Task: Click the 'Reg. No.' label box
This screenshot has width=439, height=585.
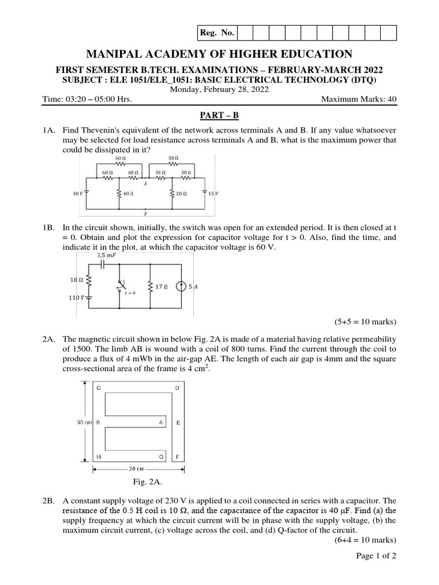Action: click(x=217, y=33)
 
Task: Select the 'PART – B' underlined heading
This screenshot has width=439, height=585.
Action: click(x=219, y=115)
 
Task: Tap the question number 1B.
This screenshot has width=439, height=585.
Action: click(x=49, y=227)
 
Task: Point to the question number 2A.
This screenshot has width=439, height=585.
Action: click(x=49, y=339)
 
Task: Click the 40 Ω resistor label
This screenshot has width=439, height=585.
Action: click(x=127, y=194)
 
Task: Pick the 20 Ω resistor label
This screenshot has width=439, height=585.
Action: click(x=181, y=194)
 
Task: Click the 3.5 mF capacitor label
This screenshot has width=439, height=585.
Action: click(x=106, y=256)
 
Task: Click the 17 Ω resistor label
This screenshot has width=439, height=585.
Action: click(x=162, y=287)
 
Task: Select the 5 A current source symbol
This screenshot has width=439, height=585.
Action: click(x=181, y=287)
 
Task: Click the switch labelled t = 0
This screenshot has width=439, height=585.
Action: click(x=121, y=285)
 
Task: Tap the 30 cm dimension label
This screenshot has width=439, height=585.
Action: click(x=85, y=422)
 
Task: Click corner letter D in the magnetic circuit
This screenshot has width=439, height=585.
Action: click(x=177, y=388)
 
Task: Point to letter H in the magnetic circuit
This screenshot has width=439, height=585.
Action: click(x=98, y=457)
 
